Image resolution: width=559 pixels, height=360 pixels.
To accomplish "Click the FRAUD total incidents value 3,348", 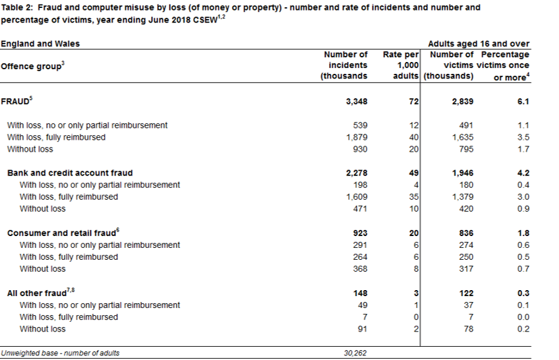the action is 357,102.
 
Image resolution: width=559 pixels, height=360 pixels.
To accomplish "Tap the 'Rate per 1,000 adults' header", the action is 400,65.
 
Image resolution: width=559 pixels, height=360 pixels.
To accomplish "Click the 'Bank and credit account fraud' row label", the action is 70,173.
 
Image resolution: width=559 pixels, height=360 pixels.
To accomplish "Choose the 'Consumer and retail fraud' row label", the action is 62,233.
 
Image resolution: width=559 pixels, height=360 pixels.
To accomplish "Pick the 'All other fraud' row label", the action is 37,293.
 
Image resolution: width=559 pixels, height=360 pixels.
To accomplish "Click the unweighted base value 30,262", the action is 355,353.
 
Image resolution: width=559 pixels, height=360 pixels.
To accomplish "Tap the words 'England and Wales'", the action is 40,44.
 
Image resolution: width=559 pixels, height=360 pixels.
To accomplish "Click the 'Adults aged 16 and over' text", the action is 479,44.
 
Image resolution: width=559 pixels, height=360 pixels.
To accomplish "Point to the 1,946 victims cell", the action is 463,173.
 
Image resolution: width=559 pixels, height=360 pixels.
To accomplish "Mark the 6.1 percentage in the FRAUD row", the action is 523,102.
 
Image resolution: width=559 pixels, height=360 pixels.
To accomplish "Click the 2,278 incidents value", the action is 357,173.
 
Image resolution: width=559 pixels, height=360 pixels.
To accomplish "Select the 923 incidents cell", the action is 360,233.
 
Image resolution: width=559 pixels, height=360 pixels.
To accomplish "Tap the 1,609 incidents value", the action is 357,196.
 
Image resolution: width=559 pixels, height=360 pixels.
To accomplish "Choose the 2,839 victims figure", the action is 463,102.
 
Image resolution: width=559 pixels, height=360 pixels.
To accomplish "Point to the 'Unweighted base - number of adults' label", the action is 60,353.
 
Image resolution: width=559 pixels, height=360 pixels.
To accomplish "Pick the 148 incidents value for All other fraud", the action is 360,293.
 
